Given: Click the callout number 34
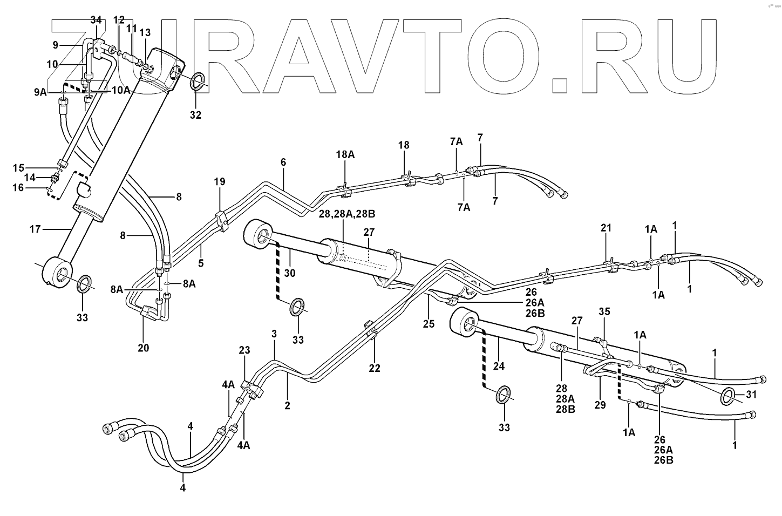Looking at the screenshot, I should click(x=96, y=20).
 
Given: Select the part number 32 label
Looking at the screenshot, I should click(x=195, y=115).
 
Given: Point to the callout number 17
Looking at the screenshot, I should click(x=36, y=229).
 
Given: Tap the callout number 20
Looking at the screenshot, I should click(x=143, y=348).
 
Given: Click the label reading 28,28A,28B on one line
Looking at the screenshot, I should click(x=346, y=214).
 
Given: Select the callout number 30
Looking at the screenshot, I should click(x=290, y=273).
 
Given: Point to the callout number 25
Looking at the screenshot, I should click(x=429, y=324).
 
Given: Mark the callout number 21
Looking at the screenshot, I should click(x=606, y=228).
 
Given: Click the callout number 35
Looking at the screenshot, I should click(x=604, y=311).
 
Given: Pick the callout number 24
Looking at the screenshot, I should click(x=499, y=366).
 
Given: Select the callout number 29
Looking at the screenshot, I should click(x=600, y=404).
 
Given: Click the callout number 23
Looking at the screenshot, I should click(x=244, y=350).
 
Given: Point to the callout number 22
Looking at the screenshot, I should click(x=375, y=369).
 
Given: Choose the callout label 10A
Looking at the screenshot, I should click(x=121, y=90).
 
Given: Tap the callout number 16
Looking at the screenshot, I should click(x=18, y=187).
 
